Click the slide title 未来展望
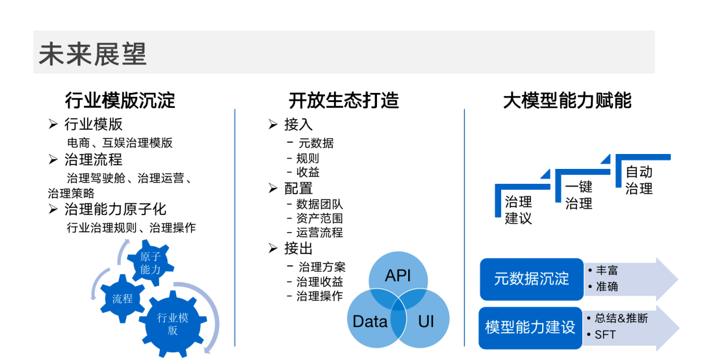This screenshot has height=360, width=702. [92, 54]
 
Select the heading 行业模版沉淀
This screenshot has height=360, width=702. [120, 101]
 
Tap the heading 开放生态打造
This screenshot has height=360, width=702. [344, 101]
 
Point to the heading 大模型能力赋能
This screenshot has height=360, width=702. [567, 101]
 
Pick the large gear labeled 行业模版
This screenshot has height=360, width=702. [172, 324]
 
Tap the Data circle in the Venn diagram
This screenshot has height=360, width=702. [369, 321]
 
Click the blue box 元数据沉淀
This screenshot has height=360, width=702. [531, 279]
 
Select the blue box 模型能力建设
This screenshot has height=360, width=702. [530, 327]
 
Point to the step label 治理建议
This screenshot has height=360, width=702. [519, 210]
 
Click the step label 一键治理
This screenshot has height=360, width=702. [578, 195]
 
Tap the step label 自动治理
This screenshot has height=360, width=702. [638, 181]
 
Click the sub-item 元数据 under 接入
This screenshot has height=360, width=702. [315, 143]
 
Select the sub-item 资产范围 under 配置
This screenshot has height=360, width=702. [319, 218]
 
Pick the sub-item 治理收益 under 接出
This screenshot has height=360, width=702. [320, 282]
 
